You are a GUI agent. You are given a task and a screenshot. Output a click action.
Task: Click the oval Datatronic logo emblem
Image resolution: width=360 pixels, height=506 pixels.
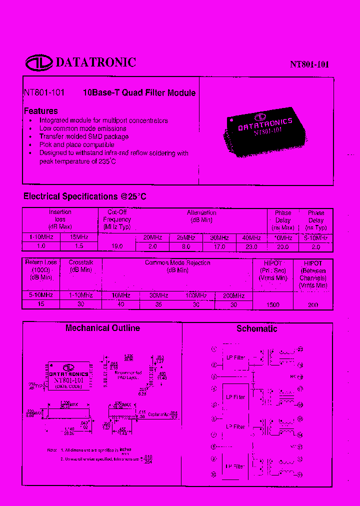click(x=39, y=62)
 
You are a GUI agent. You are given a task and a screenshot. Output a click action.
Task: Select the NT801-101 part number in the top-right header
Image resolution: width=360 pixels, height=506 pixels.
click(x=309, y=64)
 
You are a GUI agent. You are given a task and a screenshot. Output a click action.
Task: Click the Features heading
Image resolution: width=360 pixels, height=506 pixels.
click(x=41, y=111)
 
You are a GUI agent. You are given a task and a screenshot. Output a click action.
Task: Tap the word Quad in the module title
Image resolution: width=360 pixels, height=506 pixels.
click(x=132, y=93)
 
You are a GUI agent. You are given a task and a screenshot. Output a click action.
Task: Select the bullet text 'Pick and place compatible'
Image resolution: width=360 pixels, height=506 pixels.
click(x=76, y=145)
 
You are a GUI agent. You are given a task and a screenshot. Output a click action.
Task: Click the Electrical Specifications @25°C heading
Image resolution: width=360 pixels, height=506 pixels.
click(x=85, y=196)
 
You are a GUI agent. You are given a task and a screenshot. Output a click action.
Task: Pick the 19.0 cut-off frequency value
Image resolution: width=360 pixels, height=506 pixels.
click(x=116, y=246)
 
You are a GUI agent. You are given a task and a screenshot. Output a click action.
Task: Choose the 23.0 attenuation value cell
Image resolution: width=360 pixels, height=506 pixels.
click(x=251, y=246)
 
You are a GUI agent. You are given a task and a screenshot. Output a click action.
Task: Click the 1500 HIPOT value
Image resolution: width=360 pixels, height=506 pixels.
click(x=272, y=304)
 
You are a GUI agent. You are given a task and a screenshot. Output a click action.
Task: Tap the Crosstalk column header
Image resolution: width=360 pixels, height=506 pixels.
click(x=81, y=262)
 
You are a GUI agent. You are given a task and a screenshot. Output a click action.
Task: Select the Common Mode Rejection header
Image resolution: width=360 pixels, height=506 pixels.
click(x=177, y=263)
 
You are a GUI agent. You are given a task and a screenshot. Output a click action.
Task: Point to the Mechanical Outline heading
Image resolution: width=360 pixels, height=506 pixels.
click(x=102, y=328)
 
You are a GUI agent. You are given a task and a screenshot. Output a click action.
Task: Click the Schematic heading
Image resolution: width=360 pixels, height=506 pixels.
click(x=256, y=329)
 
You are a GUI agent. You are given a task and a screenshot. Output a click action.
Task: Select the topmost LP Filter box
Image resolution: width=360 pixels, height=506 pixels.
click(x=235, y=357)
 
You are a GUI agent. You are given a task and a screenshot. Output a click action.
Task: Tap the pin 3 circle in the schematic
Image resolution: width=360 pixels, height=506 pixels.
click(x=214, y=377)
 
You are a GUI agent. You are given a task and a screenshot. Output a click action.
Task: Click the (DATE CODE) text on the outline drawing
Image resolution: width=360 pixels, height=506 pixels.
click(x=68, y=386)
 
